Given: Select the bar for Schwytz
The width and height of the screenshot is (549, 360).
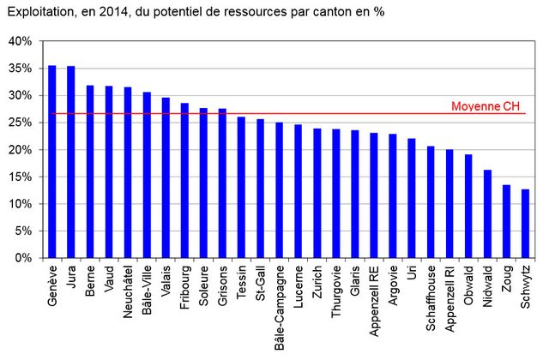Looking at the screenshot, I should (525, 223).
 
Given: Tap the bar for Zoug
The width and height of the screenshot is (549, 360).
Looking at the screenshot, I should (506, 221).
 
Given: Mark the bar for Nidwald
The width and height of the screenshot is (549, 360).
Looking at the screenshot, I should (487, 213).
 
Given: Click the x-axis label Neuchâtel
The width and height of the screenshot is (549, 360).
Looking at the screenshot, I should (128, 292).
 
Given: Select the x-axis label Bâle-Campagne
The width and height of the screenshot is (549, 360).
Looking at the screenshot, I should (280, 304).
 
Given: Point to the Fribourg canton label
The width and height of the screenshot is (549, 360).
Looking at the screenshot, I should (184, 288).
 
